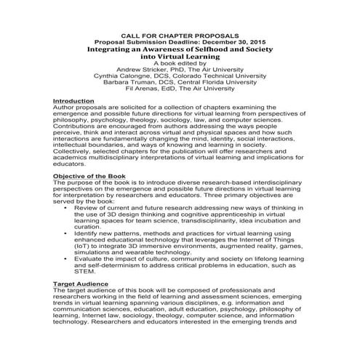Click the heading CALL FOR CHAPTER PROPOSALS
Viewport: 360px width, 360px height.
point(179,34)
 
